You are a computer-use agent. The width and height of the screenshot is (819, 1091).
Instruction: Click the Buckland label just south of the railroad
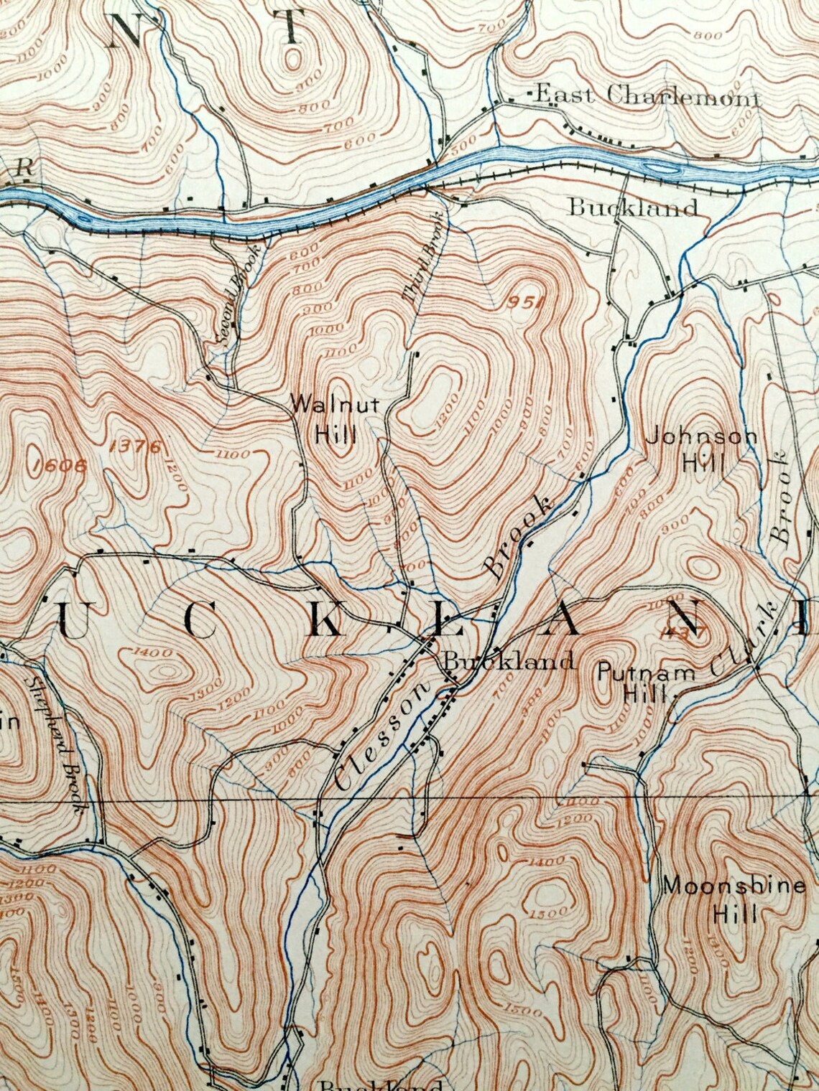point(632,208)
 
